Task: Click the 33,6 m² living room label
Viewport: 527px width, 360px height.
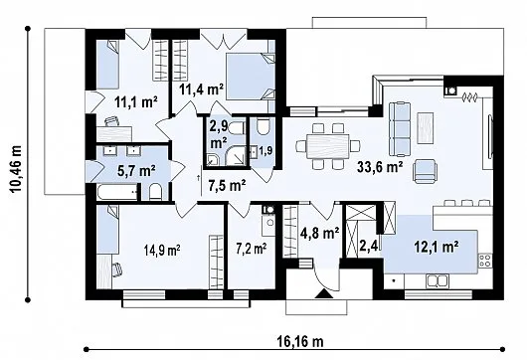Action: (380, 167)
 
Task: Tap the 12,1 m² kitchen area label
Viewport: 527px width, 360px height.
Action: (437, 247)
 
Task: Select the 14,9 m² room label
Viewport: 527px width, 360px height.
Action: (162, 250)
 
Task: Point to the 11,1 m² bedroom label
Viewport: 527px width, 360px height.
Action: (136, 101)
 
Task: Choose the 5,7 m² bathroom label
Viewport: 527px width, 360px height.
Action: (136, 171)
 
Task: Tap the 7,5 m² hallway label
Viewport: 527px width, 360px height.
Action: (227, 186)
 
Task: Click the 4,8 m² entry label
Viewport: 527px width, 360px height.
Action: (319, 233)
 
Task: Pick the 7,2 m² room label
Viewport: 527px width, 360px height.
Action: (252, 249)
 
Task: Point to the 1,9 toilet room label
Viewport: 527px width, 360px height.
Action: (265, 150)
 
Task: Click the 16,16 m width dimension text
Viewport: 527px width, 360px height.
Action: (300, 342)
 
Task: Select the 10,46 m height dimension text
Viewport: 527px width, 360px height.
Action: (16, 169)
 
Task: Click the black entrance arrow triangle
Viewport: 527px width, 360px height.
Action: (324, 293)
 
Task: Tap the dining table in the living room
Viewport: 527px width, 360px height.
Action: (328, 146)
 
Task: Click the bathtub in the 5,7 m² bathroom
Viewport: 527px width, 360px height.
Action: (117, 192)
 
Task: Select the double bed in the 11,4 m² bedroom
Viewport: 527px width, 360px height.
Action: (250, 76)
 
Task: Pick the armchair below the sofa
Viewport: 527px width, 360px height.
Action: (426, 171)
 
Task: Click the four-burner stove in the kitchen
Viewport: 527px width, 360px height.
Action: (485, 261)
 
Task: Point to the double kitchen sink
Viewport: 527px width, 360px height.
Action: (438, 281)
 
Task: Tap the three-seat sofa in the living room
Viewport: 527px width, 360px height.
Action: (400, 129)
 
